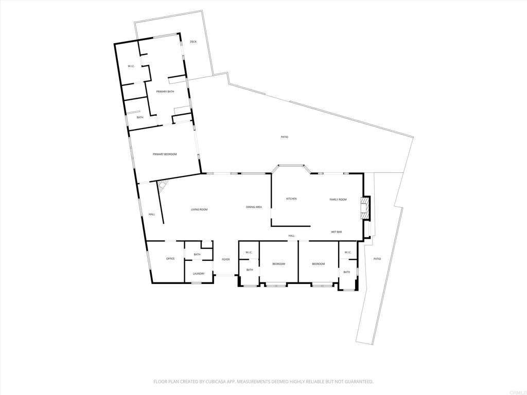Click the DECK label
[x=194, y=42]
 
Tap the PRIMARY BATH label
[x=165, y=92]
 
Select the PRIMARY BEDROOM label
[x=165, y=154]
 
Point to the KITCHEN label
[x=291, y=199]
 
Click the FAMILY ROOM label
[x=338, y=200]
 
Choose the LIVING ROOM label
[x=199, y=210]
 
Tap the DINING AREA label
[x=254, y=207]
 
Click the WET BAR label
[x=337, y=232]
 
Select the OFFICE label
[x=170, y=259]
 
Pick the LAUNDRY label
[x=199, y=274]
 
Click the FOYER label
[x=226, y=259]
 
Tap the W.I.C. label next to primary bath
[x=131, y=66]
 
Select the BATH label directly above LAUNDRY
[x=197, y=254]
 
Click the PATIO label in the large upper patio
[x=285, y=137]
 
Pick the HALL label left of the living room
[x=152, y=214]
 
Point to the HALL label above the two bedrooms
[x=291, y=236]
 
